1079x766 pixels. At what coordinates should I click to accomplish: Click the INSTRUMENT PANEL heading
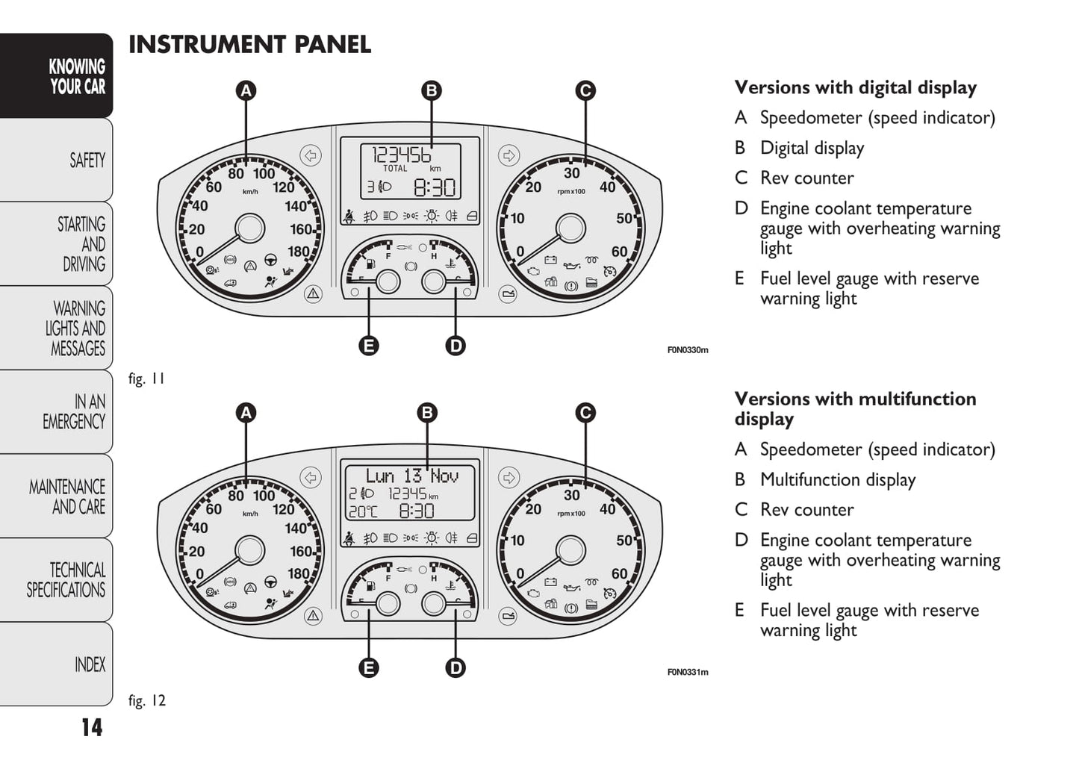point(249,45)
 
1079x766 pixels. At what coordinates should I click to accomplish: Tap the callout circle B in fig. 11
point(431,91)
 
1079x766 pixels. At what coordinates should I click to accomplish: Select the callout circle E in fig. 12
point(368,667)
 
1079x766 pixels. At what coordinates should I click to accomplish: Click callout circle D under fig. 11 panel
point(455,346)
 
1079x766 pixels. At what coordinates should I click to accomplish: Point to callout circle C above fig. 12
point(585,413)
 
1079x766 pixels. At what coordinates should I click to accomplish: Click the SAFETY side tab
point(87,161)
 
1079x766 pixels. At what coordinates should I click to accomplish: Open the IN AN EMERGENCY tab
point(74,411)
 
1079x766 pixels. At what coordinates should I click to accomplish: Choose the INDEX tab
point(90,664)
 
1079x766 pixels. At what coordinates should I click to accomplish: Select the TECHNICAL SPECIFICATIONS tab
point(66,580)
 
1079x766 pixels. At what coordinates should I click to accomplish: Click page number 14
point(92,727)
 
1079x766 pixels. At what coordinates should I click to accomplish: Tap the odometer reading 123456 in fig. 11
point(401,155)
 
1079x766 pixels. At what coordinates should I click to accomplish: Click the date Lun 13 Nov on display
point(411,476)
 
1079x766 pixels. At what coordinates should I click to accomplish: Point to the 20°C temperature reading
point(363,511)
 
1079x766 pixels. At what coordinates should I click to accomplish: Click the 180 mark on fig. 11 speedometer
point(299,252)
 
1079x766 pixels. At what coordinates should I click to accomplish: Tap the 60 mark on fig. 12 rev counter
point(619,573)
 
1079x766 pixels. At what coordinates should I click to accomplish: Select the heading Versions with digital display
point(855,87)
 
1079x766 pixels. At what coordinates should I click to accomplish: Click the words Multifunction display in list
point(837,479)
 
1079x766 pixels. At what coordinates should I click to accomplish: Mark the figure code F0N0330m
point(687,349)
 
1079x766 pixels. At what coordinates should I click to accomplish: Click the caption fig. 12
point(146,700)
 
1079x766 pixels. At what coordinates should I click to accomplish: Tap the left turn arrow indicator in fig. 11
point(311,155)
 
